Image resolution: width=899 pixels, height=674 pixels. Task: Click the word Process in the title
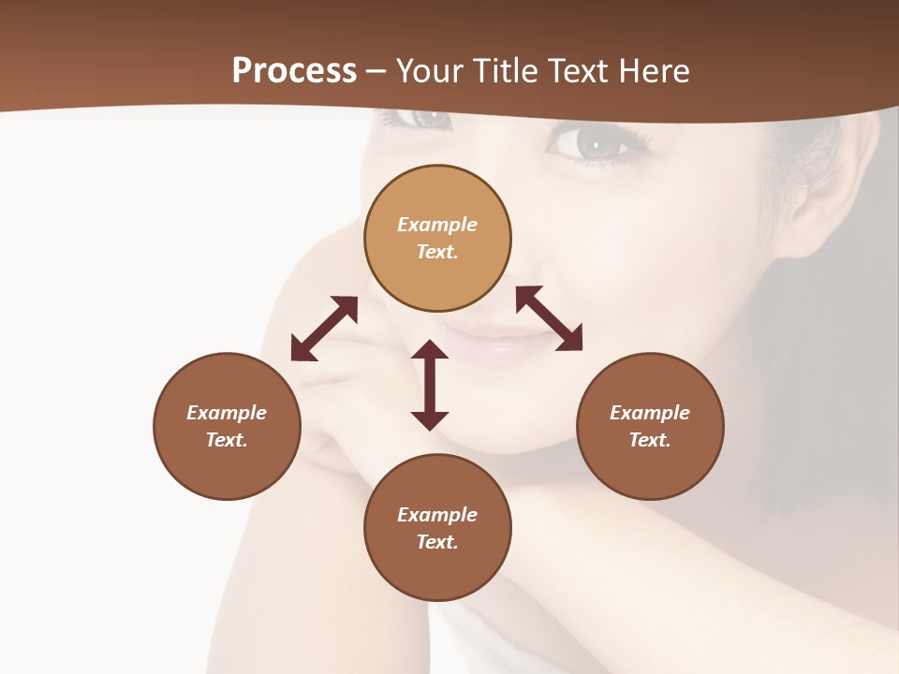pyautogui.click(x=294, y=71)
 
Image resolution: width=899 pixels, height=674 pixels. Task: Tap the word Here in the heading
pyautogui.click(x=655, y=71)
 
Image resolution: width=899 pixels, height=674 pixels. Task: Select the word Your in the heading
pyautogui.click(x=428, y=71)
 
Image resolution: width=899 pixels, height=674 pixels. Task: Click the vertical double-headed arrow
pyautogui.click(x=430, y=385)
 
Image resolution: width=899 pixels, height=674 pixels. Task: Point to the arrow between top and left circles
pyautogui.click(x=324, y=329)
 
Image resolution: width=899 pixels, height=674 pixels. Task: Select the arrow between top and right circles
pyautogui.click(x=549, y=318)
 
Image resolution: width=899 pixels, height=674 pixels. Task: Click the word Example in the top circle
pyautogui.click(x=437, y=225)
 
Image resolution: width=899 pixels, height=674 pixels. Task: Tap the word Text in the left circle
pyautogui.click(x=227, y=440)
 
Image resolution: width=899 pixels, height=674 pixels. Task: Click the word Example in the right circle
pyautogui.click(x=650, y=413)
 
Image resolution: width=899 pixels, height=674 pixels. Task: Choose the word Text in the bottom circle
pyautogui.click(x=437, y=542)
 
